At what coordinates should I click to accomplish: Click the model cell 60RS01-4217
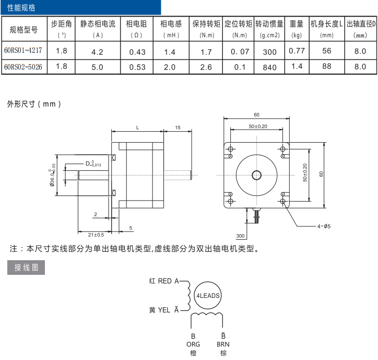tap(23, 51)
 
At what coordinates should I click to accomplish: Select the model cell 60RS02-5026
tap(23, 67)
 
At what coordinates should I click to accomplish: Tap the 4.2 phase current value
tap(97, 52)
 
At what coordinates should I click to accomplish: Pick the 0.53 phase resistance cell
tap(137, 67)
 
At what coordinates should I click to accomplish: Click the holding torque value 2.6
tap(206, 67)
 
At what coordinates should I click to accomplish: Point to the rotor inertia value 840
tap(270, 67)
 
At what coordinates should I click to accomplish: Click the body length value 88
tap(327, 66)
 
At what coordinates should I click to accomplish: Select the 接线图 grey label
tap(26, 268)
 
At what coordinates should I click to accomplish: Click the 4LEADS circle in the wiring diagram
tap(208, 295)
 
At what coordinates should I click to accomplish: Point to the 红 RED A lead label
tap(163, 281)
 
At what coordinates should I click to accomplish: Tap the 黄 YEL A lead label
tap(163, 310)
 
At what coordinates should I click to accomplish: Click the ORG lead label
tap(193, 344)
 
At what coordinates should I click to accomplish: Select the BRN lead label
tap(223, 344)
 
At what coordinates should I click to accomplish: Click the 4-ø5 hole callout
tap(324, 226)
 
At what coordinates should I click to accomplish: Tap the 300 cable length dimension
tap(241, 236)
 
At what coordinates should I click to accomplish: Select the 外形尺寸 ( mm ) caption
tap(34, 104)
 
